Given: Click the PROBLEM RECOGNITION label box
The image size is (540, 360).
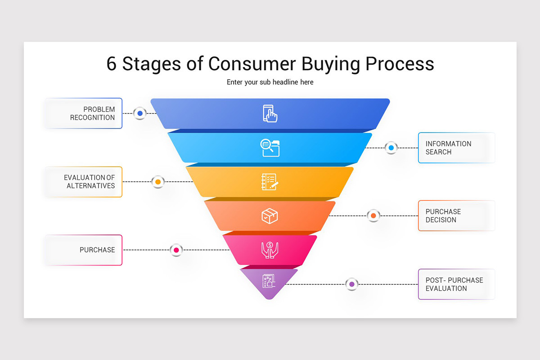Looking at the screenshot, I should click(84, 113).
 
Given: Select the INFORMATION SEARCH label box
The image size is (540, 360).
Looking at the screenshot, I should click(456, 148).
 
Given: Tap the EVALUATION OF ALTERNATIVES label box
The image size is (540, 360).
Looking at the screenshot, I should click(84, 182).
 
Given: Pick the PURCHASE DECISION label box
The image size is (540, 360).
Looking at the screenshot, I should click(456, 216).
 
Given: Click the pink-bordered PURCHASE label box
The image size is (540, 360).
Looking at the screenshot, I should click(84, 250).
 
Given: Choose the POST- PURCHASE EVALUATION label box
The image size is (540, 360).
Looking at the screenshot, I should click(456, 284).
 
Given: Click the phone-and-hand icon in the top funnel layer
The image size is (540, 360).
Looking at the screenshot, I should click(270, 113).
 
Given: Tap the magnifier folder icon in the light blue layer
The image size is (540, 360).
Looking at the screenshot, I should click(270, 148).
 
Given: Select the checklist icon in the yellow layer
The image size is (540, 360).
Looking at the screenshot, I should click(270, 182).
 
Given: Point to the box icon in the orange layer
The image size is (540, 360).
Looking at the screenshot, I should click(270, 216).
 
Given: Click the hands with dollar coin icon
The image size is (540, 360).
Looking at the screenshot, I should click(270, 250).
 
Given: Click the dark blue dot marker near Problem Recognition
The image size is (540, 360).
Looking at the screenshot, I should click(140, 113).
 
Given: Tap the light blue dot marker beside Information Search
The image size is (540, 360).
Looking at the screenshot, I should click(391, 148).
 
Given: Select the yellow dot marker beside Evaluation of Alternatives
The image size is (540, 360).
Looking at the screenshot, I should click(158, 182).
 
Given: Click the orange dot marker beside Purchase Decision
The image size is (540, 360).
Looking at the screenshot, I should click(373, 216).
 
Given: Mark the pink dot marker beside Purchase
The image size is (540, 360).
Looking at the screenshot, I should click(176, 250).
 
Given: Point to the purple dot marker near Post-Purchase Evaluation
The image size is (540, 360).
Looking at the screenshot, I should click(351, 284).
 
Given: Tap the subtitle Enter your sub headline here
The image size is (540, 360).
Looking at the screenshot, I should click(270, 82).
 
